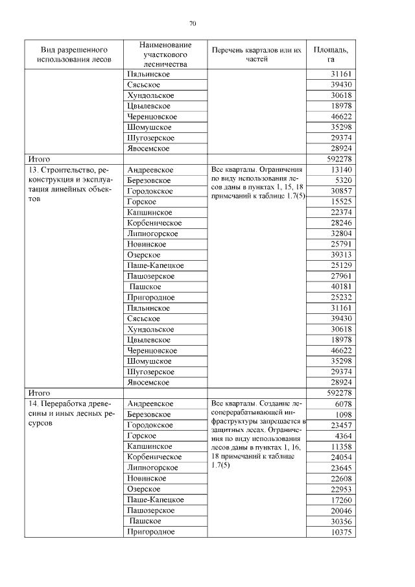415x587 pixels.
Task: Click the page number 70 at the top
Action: [x=193, y=24]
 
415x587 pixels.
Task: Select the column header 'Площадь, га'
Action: [x=331, y=54]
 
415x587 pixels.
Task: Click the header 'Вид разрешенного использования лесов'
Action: [x=75, y=54]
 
